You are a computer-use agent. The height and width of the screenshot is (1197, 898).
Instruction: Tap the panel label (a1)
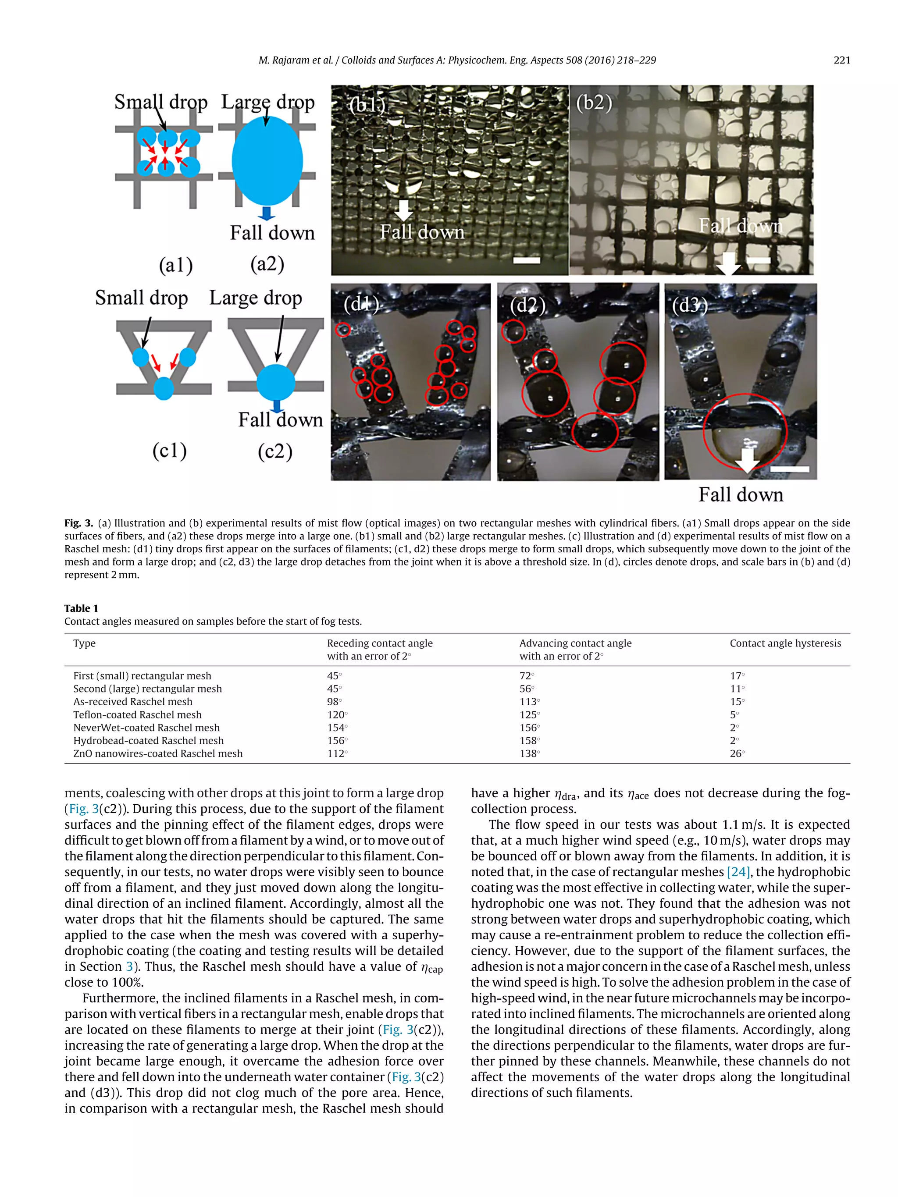[175, 265]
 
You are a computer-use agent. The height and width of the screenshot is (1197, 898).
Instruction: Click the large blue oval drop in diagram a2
[267, 161]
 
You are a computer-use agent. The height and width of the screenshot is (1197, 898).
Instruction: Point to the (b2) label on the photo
[594, 102]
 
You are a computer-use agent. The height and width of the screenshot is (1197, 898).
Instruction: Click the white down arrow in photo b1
[403, 210]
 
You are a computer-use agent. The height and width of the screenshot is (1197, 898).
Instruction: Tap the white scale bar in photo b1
[526, 260]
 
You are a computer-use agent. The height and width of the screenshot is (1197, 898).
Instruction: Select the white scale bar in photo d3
[789, 469]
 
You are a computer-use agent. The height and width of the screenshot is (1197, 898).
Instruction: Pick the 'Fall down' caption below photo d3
[741, 494]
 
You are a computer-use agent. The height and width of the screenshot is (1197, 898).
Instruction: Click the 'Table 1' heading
[81, 608]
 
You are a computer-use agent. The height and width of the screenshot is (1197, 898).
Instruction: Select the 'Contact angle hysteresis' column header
[785, 643]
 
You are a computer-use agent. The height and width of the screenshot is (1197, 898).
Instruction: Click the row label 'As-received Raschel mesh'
[132, 701]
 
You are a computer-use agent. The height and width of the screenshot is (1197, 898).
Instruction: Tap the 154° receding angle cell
[337, 727]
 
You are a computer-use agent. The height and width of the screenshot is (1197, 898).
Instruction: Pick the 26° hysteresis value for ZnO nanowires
[737, 753]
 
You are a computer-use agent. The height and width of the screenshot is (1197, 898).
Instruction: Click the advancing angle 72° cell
[526, 675]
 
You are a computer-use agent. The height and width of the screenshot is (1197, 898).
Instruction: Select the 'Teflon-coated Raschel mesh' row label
[138, 714]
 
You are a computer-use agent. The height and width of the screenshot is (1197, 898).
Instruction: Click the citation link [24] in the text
[738, 872]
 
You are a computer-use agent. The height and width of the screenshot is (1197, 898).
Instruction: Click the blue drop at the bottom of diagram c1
[164, 388]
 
